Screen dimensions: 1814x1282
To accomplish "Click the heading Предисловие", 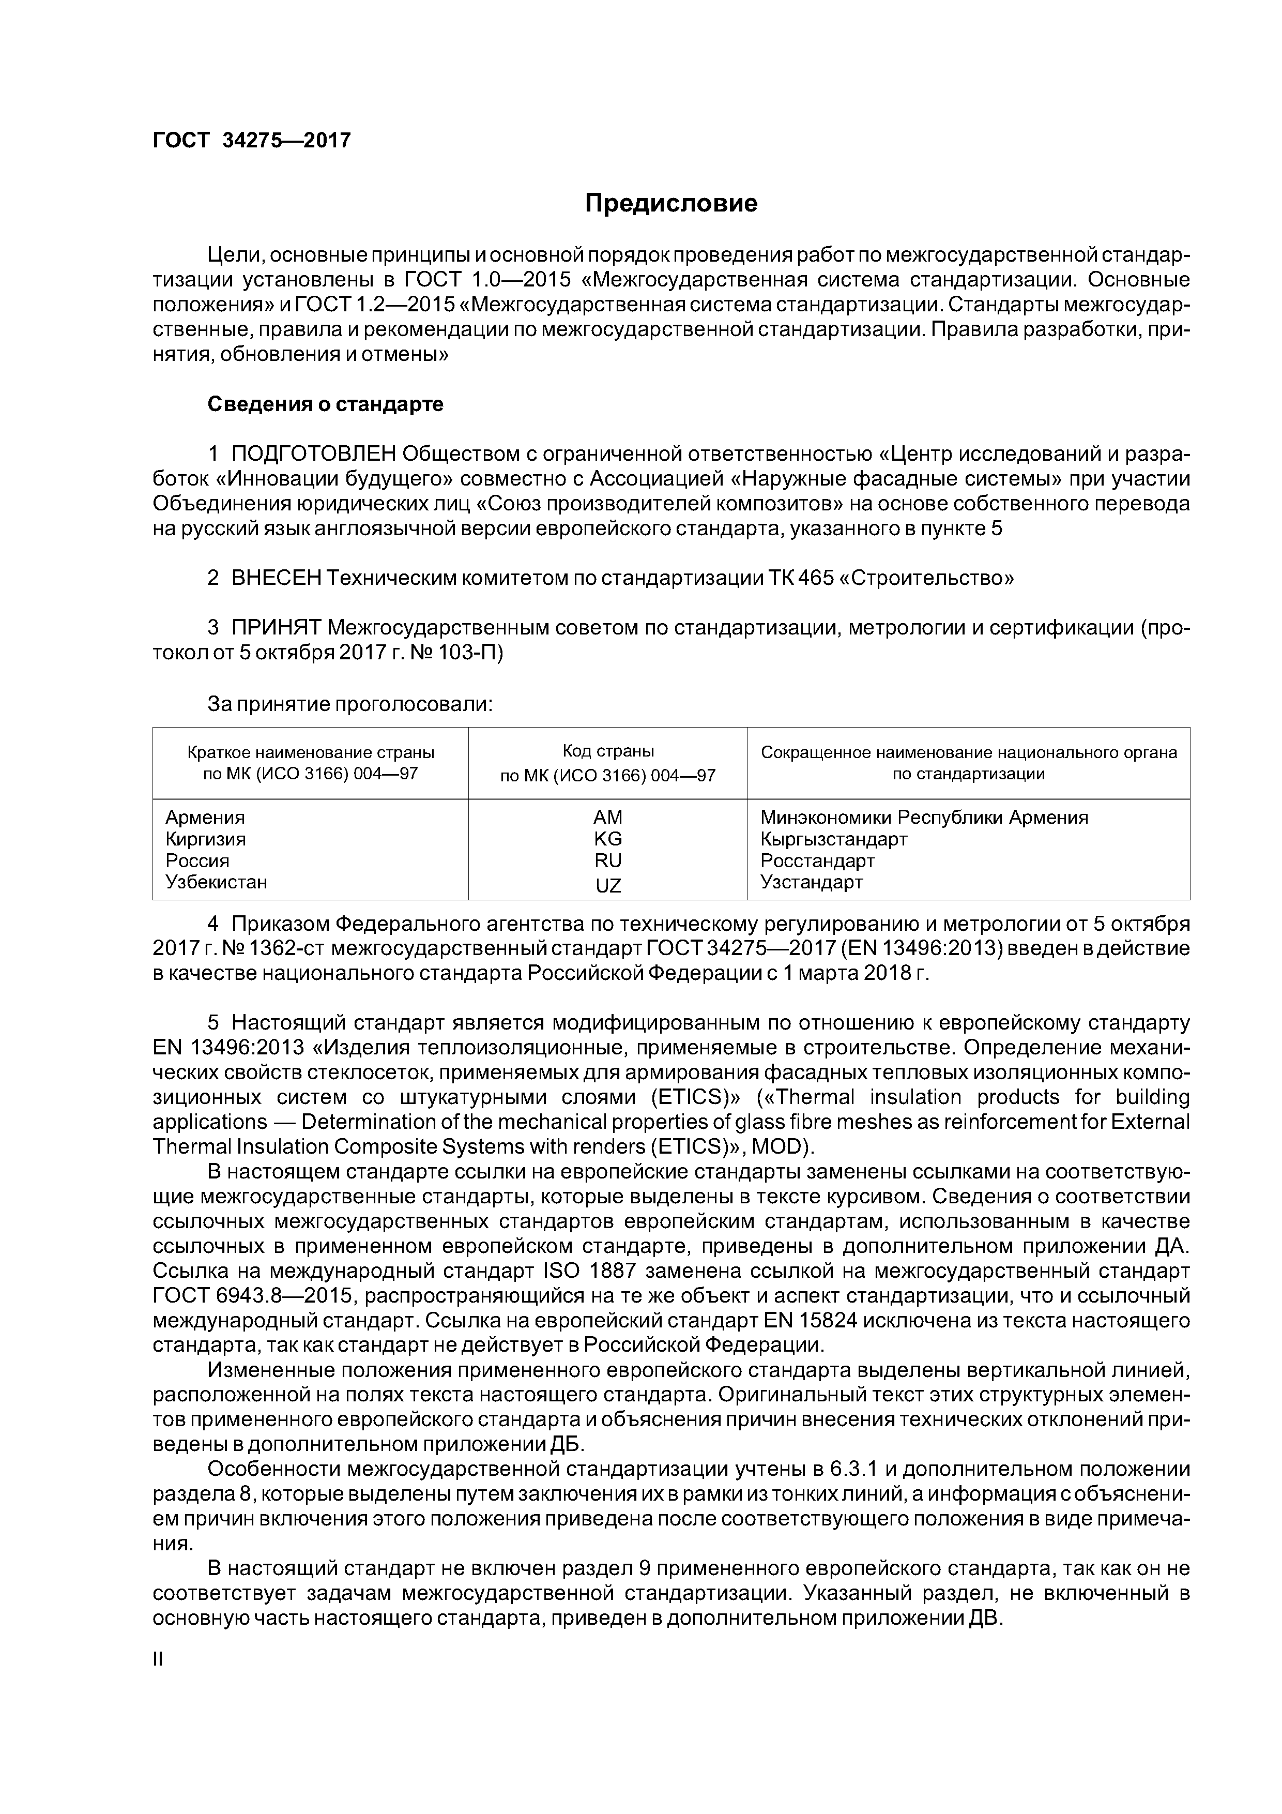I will click(x=670, y=204).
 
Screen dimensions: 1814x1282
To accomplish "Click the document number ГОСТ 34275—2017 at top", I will click(x=251, y=141).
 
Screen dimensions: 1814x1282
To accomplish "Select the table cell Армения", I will click(x=205, y=817).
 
